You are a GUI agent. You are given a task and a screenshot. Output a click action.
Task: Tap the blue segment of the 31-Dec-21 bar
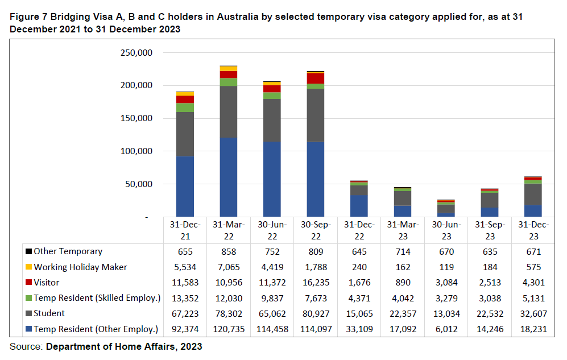pos(185,187)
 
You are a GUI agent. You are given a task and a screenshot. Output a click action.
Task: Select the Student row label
pos(49,313)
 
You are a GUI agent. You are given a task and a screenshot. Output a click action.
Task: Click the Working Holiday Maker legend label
pos(80,267)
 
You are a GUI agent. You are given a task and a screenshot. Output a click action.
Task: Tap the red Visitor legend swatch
pos(28,283)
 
